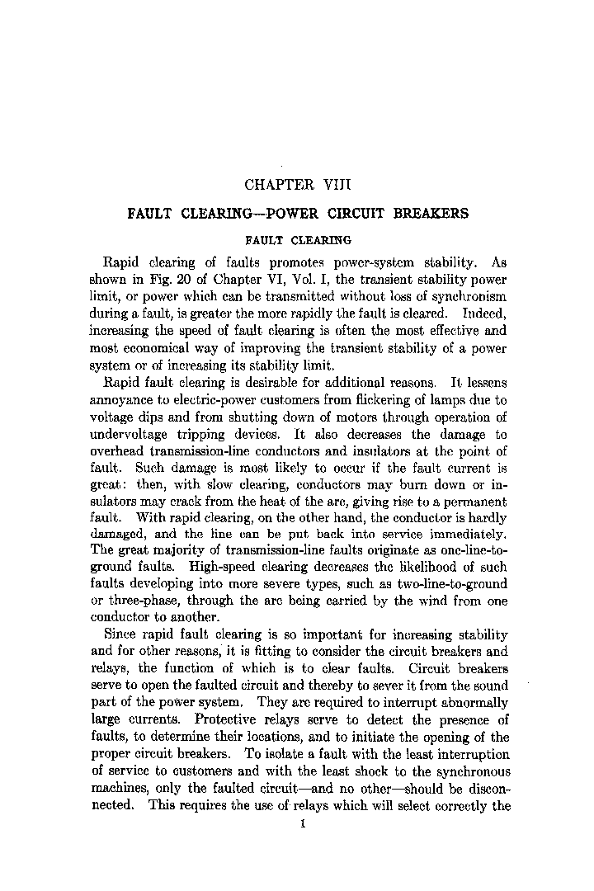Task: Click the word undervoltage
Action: [131, 434]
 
